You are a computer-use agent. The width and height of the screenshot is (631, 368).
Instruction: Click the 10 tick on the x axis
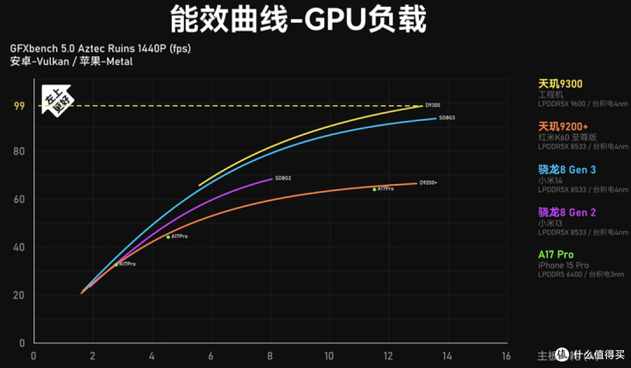(x=329, y=356)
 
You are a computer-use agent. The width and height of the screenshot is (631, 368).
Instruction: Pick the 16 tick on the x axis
(x=506, y=356)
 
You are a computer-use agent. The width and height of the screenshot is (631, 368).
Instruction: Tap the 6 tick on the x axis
(x=210, y=356)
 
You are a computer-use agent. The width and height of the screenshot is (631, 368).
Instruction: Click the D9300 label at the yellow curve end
(x=432, y=105)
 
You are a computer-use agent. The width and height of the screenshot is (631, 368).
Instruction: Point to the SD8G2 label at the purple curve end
(x=283, y=178)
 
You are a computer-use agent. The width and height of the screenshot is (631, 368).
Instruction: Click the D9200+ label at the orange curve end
(x=428, y=183)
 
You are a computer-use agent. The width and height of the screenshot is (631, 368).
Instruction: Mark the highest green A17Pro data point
(x=375, y=189)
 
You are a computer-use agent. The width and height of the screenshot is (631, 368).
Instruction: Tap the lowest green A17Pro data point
(x=116, y=265)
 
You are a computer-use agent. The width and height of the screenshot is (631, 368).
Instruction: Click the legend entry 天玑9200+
(x=563, y=127)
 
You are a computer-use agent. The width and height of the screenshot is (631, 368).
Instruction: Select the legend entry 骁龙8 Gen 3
(x=567, y=169)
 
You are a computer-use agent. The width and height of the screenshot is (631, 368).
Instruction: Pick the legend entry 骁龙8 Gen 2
(x=567, y=212)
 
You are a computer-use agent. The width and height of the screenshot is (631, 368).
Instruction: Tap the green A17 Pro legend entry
(x=556, y=254)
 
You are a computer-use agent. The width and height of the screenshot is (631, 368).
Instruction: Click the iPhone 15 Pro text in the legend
(x=563, y=265)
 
